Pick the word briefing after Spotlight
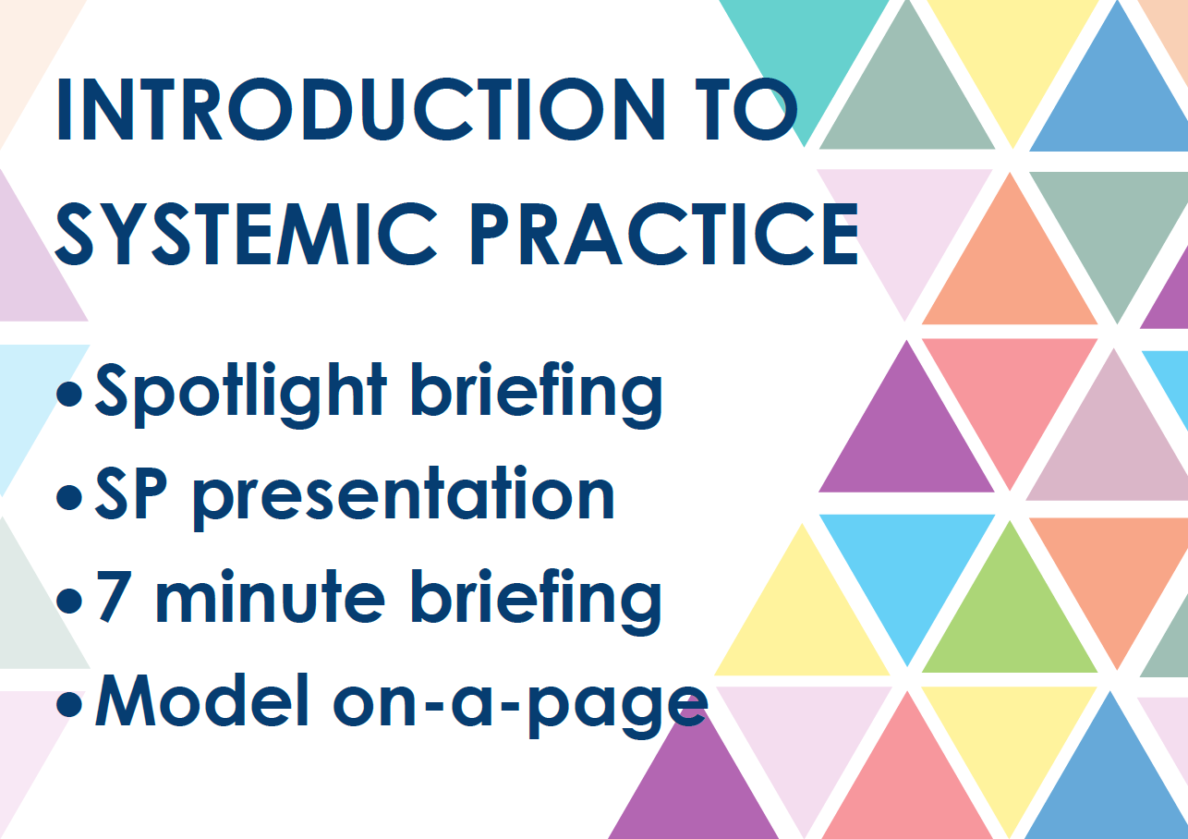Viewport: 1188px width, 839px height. tap(537, 393)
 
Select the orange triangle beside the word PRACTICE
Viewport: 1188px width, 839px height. tap(1009, 268)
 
